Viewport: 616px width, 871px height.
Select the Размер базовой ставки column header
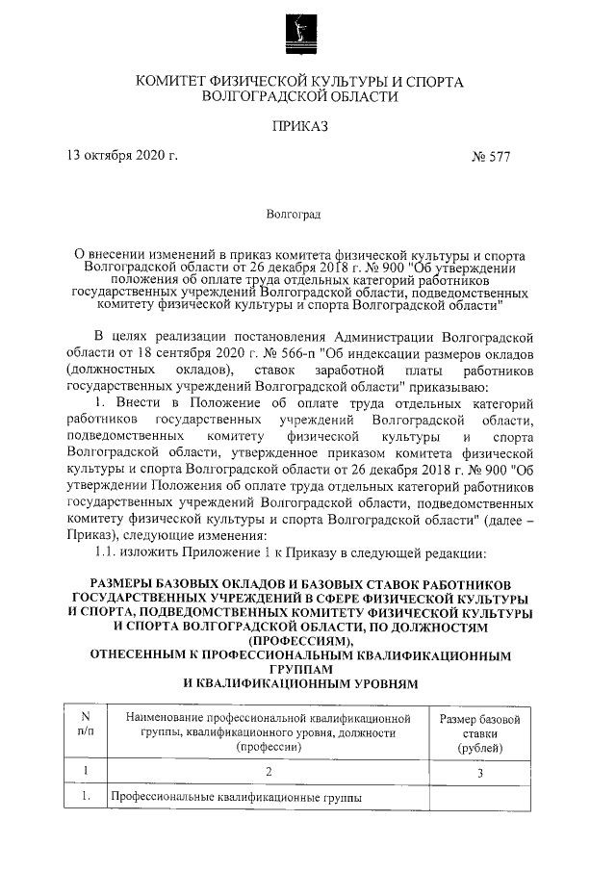pyautogui.click(x=478, y=733)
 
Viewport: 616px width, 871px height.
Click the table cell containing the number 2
pyautogui.click(x=269, y=771)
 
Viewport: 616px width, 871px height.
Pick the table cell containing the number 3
pyautogui.click(x=479, y=771)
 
